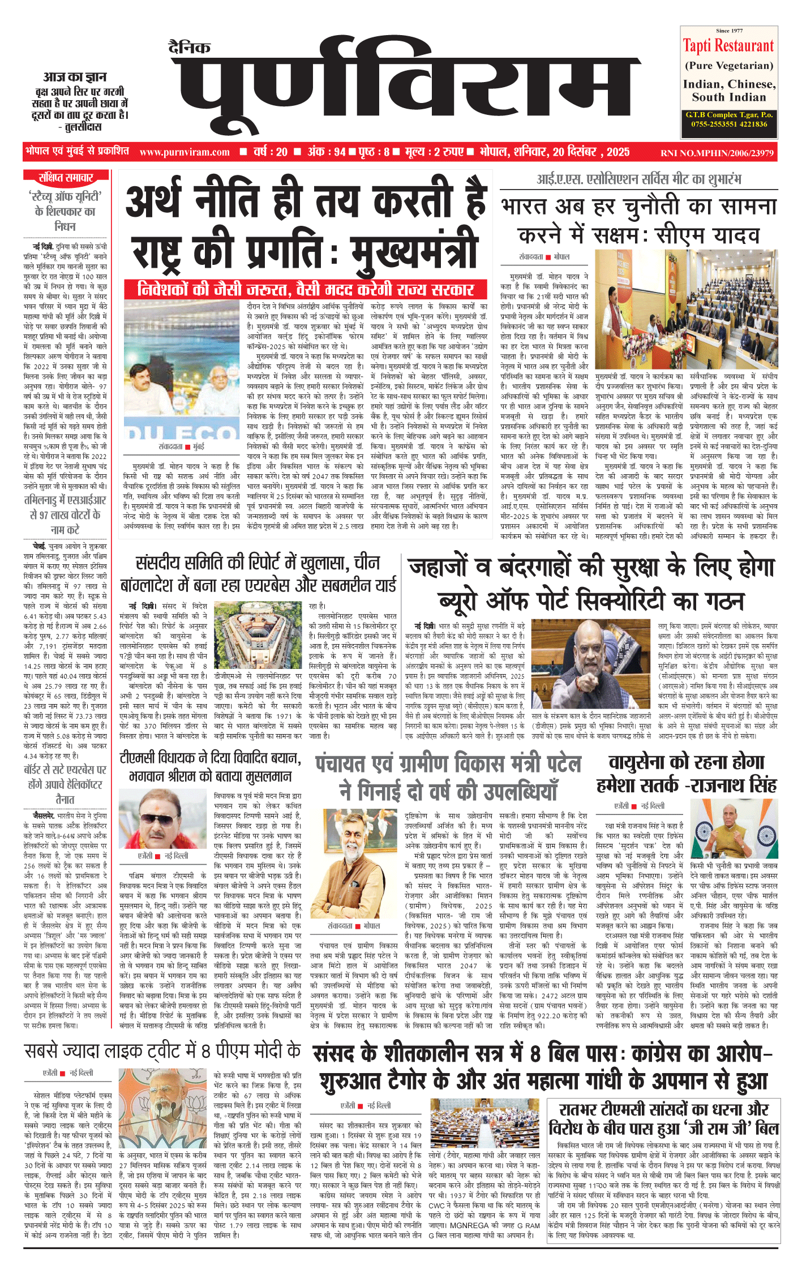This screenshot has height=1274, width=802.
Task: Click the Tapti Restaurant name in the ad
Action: pos(728,46)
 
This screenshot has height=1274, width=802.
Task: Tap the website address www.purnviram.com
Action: pos(185,152)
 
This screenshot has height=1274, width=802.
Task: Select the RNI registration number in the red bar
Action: pos(717,153)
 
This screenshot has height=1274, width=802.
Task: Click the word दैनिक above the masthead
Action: pos(190,48)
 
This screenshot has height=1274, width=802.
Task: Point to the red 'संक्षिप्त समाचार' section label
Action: pos(66,178)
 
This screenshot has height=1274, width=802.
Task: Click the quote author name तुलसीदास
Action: pos(80,127)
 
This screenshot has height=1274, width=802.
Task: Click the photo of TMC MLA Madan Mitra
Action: pos(153,819)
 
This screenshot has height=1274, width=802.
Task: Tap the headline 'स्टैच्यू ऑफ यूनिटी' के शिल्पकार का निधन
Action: pos(66,211)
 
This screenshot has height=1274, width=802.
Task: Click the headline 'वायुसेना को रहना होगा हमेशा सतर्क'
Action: pos(687,773)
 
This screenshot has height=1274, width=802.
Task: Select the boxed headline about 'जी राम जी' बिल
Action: pos(663,1119)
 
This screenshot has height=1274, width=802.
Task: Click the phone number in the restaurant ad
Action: pos(729,124)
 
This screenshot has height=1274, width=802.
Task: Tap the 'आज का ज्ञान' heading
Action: pos(75,77)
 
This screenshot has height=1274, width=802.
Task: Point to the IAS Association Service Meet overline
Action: pos(638,179)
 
